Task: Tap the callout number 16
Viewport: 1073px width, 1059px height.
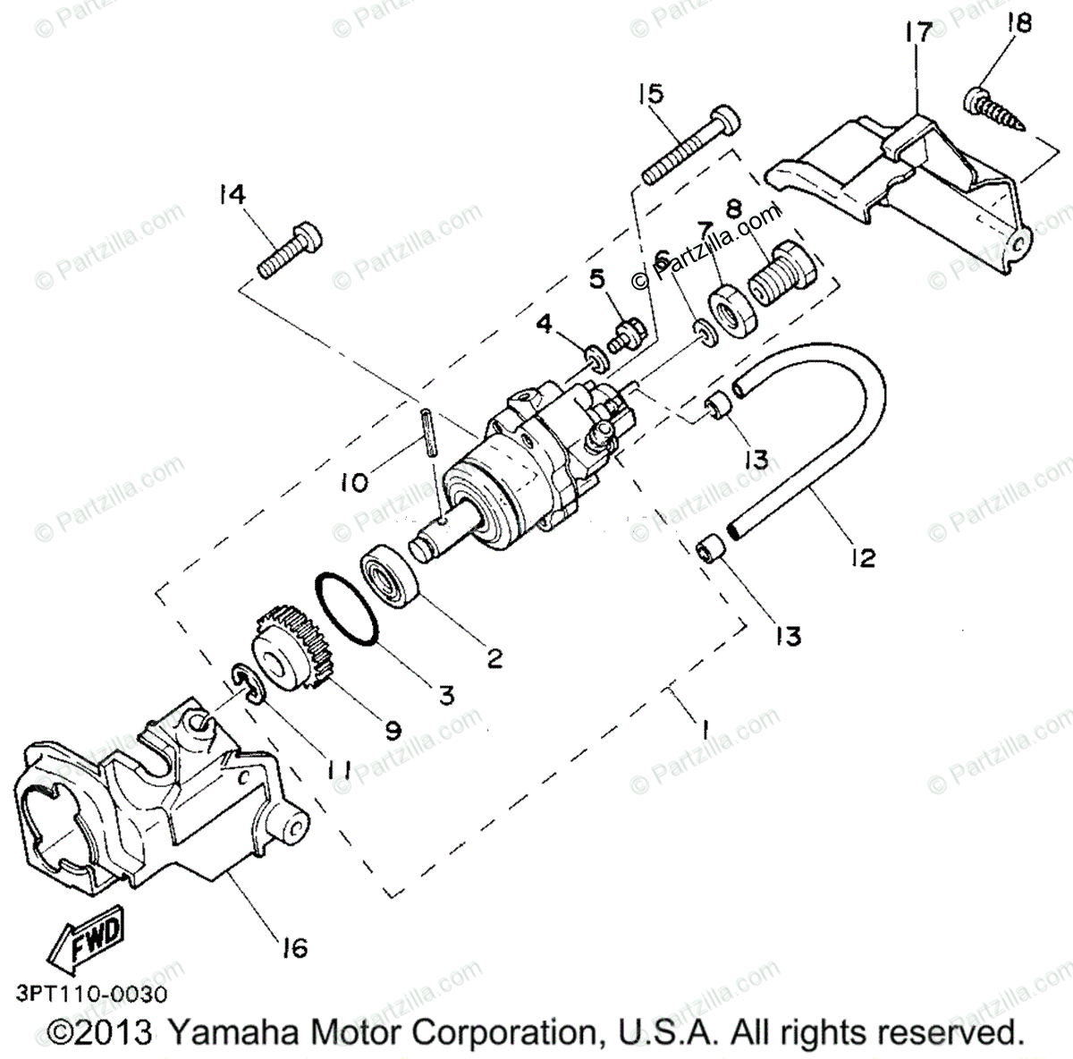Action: pos(293,946)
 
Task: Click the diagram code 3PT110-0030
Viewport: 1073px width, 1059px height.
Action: pos(90,993)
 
